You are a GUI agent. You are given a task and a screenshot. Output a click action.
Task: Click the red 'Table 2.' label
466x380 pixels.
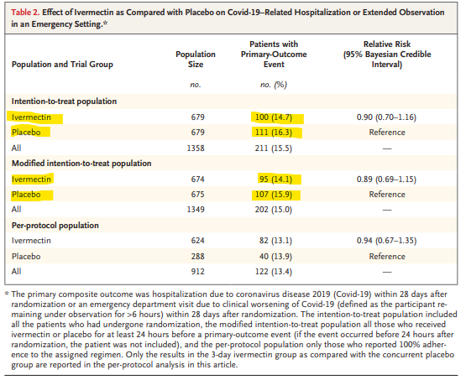(x=25, y=13)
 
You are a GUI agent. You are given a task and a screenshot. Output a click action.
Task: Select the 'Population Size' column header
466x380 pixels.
(x=196, y=59)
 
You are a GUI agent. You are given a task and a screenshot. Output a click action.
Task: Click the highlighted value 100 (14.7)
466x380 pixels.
(x=274, y=117)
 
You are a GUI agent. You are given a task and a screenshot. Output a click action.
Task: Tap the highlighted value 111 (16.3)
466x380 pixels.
(x=274, y=132)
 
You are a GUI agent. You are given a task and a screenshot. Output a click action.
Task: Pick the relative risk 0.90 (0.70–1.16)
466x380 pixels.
(x=386, y=117)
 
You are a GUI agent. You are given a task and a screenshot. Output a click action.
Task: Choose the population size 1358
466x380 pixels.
(x=196, y=148)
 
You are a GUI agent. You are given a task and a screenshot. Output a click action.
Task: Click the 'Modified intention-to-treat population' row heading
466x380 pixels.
(x=81, y=164)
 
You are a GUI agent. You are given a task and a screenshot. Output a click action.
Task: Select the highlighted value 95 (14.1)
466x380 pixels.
(x=275, y=180)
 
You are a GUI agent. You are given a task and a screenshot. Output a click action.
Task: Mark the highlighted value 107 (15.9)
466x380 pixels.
(x=274, y=195)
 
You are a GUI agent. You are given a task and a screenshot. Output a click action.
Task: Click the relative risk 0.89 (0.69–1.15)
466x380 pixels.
(x=386, y=180)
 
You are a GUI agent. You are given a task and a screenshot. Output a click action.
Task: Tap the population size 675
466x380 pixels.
(x=197, y=195)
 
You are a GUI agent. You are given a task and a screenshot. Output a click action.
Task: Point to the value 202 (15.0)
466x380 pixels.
(x=274, y=210)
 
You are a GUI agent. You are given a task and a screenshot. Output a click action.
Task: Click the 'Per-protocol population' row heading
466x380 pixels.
(x=55, y=226)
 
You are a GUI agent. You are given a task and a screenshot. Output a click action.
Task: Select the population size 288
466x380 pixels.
(x=197, y=256)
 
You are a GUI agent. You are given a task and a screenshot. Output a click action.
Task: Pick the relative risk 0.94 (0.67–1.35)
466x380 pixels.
(x=386, y=241)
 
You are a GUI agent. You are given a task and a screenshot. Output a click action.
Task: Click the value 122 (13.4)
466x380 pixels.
(x=274, y=272)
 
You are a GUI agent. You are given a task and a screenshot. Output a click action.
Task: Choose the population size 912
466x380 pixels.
(x=197, y=272)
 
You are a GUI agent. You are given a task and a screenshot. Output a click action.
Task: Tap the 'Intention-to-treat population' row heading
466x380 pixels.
(x=64, y=102)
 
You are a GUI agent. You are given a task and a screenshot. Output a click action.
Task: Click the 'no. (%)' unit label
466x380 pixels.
(x=274, y=85)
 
